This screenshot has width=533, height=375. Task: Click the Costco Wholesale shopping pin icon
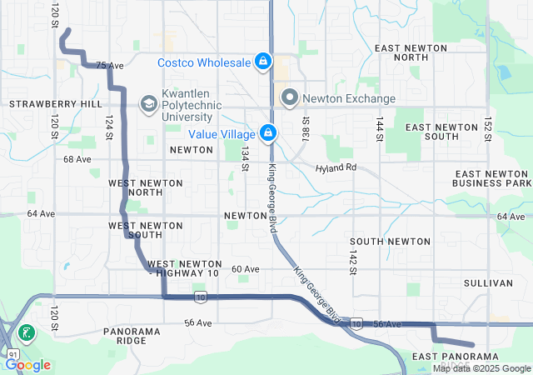[262, 62]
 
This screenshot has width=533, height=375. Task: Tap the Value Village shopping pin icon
[268, 132]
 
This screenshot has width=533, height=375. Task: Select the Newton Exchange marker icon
[290, 97]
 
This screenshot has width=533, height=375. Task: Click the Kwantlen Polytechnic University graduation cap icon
[148, 103]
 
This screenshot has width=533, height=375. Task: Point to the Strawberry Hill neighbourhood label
[55, 104]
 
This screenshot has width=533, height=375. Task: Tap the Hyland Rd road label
[336, 168]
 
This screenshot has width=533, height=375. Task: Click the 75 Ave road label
[109, 65]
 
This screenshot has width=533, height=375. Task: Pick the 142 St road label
[353, 258]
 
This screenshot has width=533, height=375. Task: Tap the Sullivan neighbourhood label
[487, 283]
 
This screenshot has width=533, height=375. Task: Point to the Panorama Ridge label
[132, 336]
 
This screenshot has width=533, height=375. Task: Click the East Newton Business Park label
[491, 177]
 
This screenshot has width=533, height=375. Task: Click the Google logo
[28, 364]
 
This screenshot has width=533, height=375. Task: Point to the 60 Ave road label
[246, 269]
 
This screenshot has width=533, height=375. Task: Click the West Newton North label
[136, 187]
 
